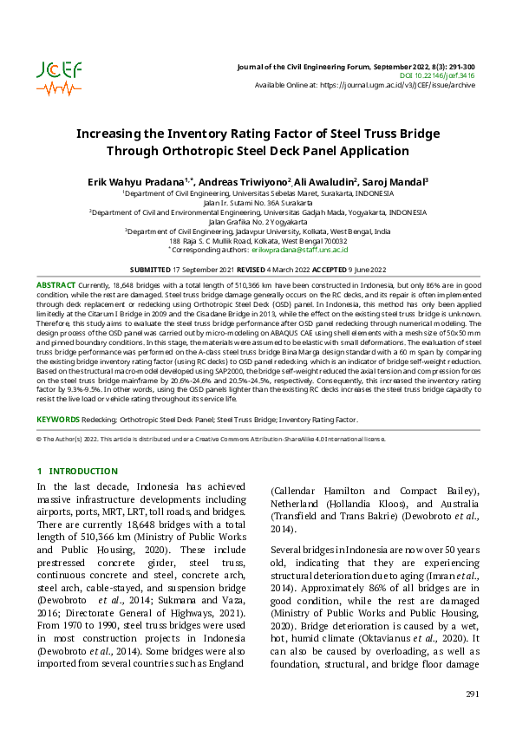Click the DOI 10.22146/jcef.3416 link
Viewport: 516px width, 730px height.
point(445,76)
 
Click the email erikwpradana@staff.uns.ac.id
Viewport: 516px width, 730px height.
point(300,249)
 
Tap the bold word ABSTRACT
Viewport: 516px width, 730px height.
point(56,285)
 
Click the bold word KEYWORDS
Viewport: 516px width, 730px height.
point(59,420)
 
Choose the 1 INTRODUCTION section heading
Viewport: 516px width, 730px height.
point(77,471)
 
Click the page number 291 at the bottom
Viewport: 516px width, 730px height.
point(472,694)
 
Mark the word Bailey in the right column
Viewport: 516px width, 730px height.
point(459,492)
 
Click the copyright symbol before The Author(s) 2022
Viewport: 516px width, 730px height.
point(38,440)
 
